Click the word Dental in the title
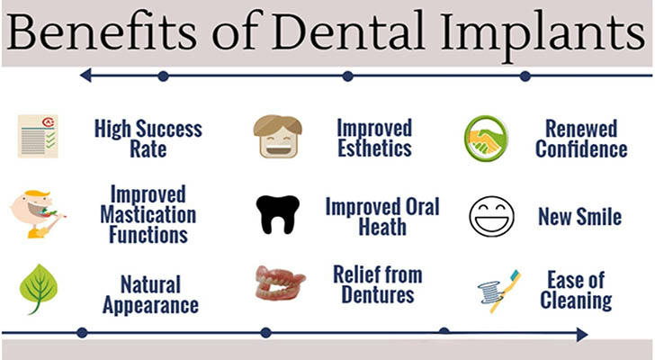348,32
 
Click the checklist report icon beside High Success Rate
38,136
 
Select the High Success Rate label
148,139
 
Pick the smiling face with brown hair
277,136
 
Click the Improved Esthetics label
374,138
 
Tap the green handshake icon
486,139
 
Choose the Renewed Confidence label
581,139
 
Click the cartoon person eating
38,213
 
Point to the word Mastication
148,215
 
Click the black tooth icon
278,214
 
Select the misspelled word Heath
382,227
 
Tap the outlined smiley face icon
491,216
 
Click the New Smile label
579,217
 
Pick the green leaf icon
39,289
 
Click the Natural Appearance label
150,294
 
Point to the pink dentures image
281,283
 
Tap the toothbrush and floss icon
499,291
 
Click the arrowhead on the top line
85,76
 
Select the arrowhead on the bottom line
583,334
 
